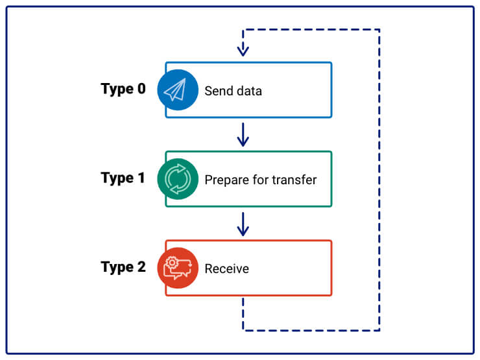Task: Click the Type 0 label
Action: click(x=123, y=89)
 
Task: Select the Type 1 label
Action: click(x=123, y=178)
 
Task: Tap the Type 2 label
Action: click(x=123, y=267)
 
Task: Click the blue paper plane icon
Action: click(x=178, y=90)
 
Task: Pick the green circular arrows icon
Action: click(x=178, y=179)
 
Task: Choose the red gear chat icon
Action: click(x=178, y=268)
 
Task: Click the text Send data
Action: click(x=233, y=91)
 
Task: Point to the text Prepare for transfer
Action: click(x=260, y=180)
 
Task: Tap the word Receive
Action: click(x=226, y=269)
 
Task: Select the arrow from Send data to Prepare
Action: click(x=243, y=134)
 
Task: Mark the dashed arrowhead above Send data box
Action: click(x=243, y=51)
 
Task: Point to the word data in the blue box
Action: click(x=249, y=91)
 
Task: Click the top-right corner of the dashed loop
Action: click(x=379, y=30)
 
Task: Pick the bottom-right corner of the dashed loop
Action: click(x=379, y=330)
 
